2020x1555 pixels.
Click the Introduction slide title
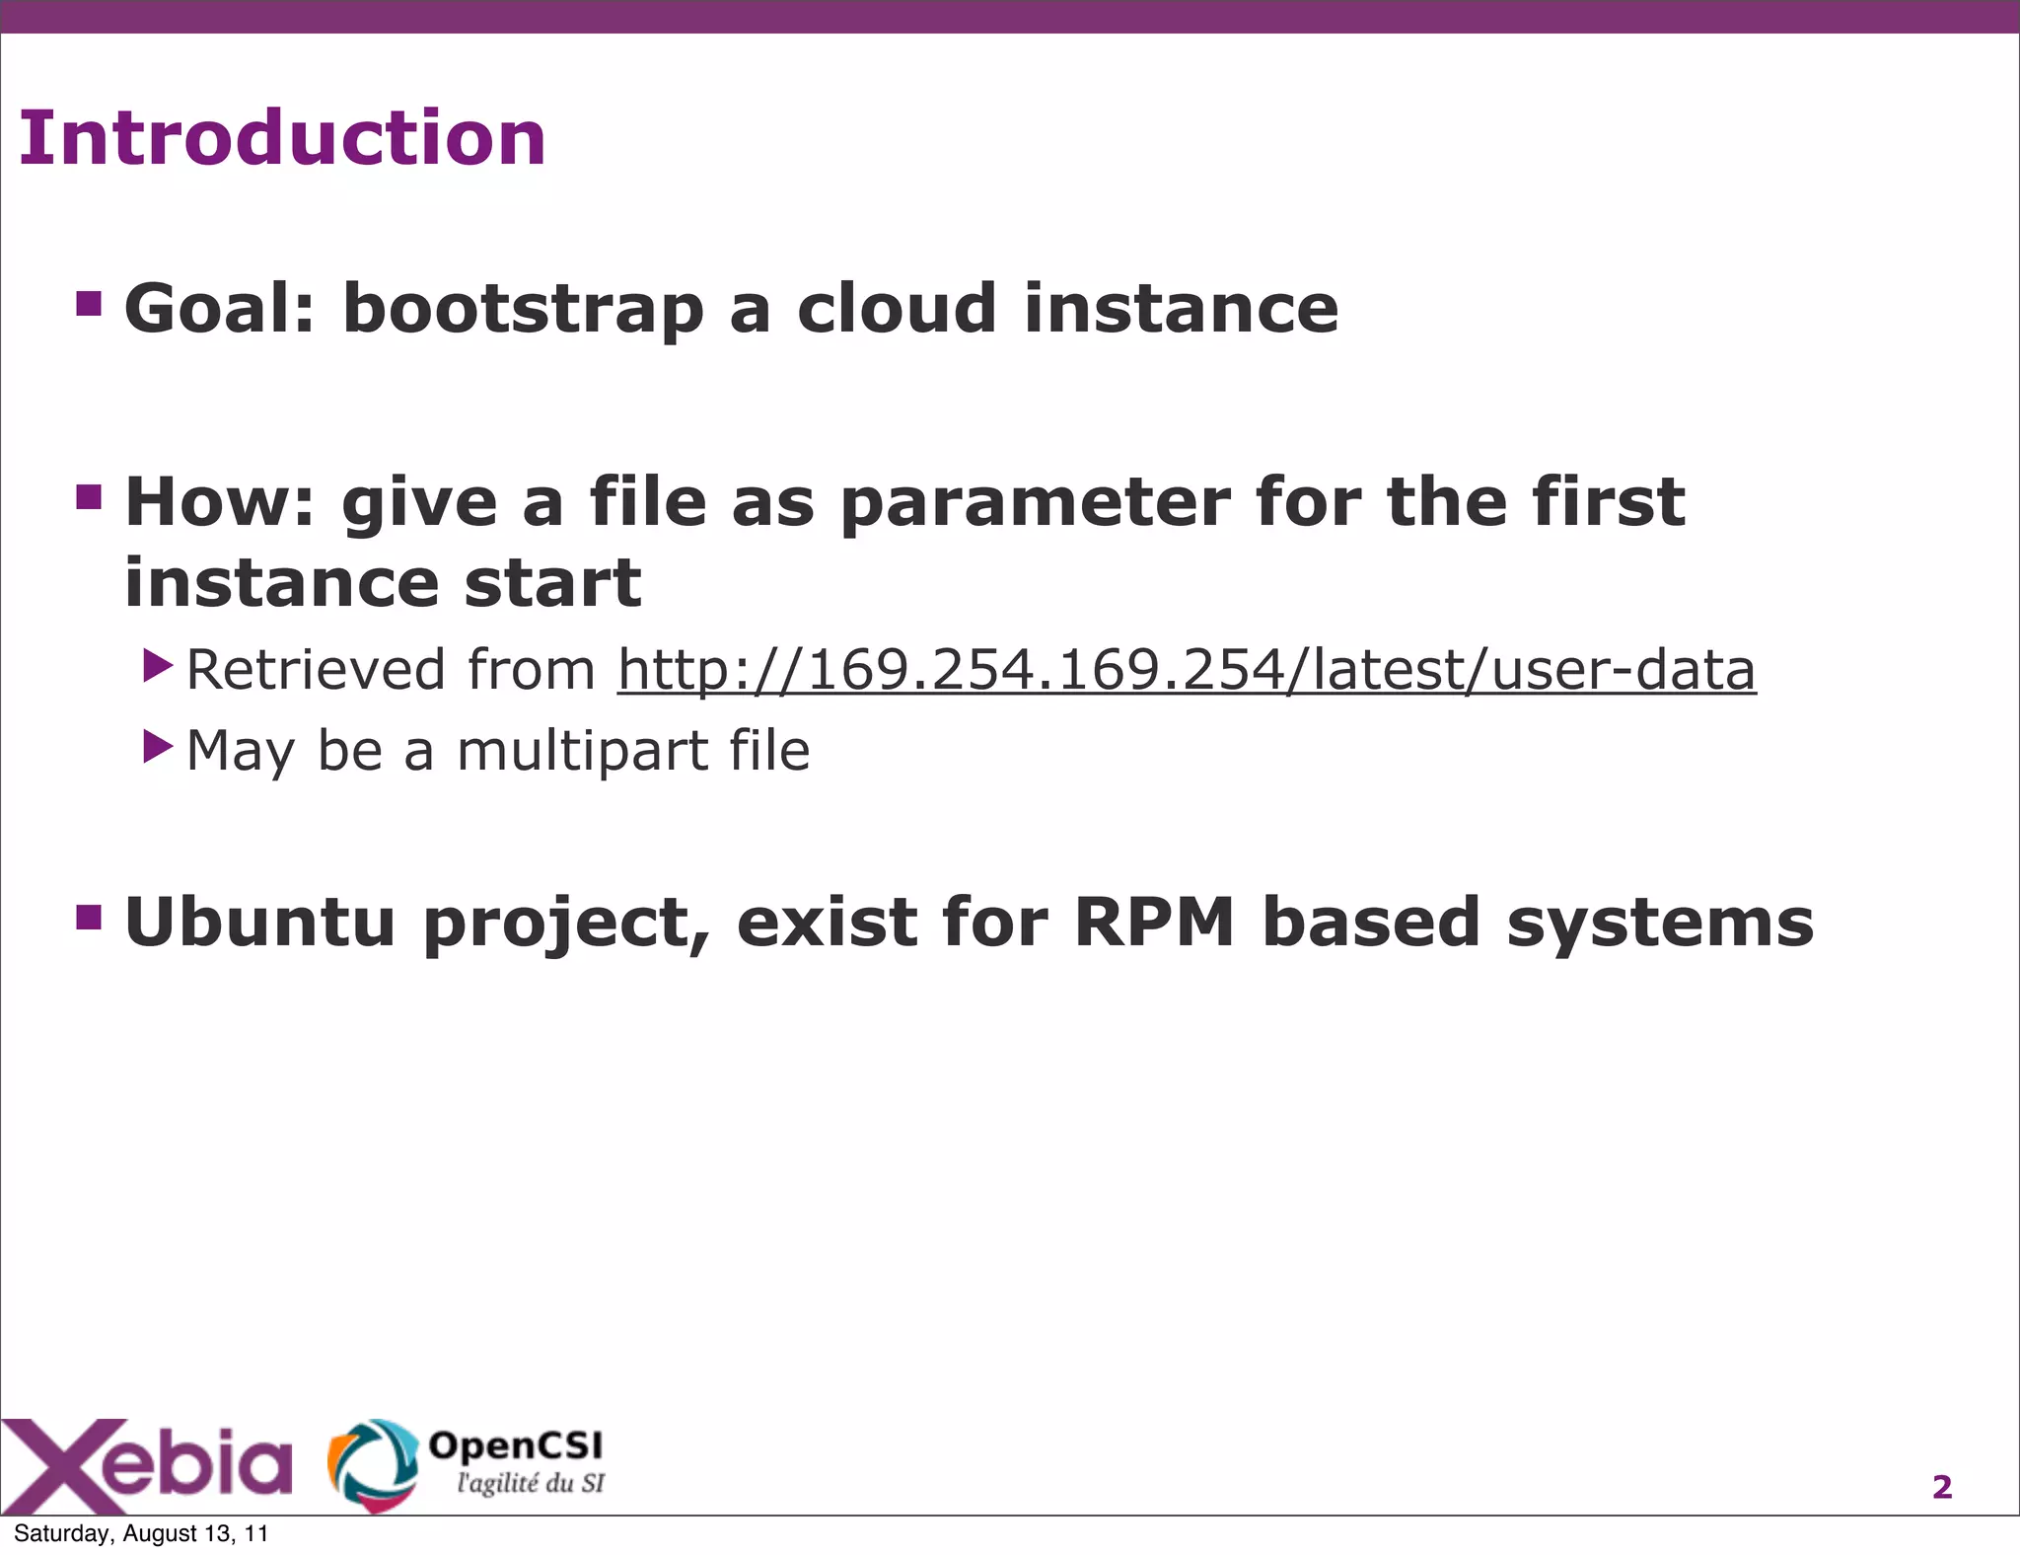coord(282,138)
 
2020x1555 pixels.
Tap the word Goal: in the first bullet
coord(219,309)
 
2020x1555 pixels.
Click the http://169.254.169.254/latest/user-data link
coord(1186,670)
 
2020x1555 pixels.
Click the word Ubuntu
coord(260,922)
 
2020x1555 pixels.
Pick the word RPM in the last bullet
coord(1153,922)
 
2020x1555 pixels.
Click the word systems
coord(1660,924)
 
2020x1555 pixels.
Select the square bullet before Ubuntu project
coord(89,917)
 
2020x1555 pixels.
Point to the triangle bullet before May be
coord(157,747)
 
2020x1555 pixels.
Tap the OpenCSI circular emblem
coord(372,1464)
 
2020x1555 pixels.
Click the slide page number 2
coord(1941,1487)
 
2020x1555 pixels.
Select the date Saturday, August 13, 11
coord(141,1533)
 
